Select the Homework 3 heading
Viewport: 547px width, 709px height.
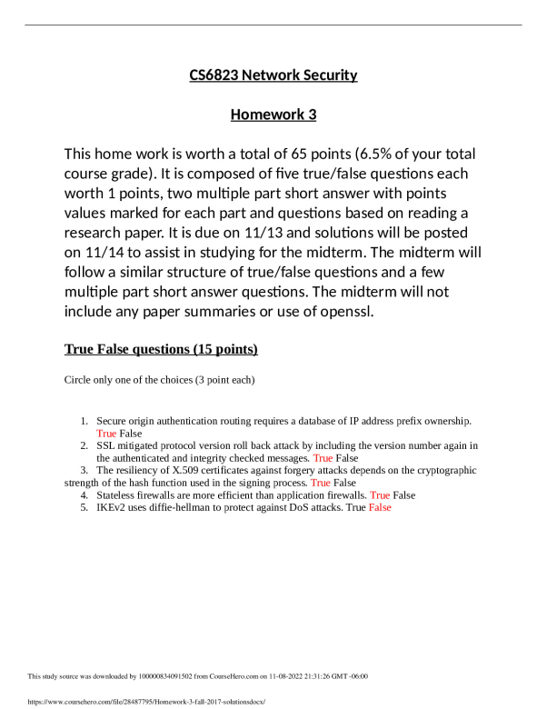tap(273, 115)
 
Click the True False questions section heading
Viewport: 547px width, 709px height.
tap(161, 350)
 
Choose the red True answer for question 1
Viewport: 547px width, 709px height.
tap(106, 434)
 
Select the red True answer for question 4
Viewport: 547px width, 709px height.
tap(380, 495)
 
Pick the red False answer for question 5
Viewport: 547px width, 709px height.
tap(380, 508)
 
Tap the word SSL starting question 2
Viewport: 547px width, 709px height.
tap(106, 446)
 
